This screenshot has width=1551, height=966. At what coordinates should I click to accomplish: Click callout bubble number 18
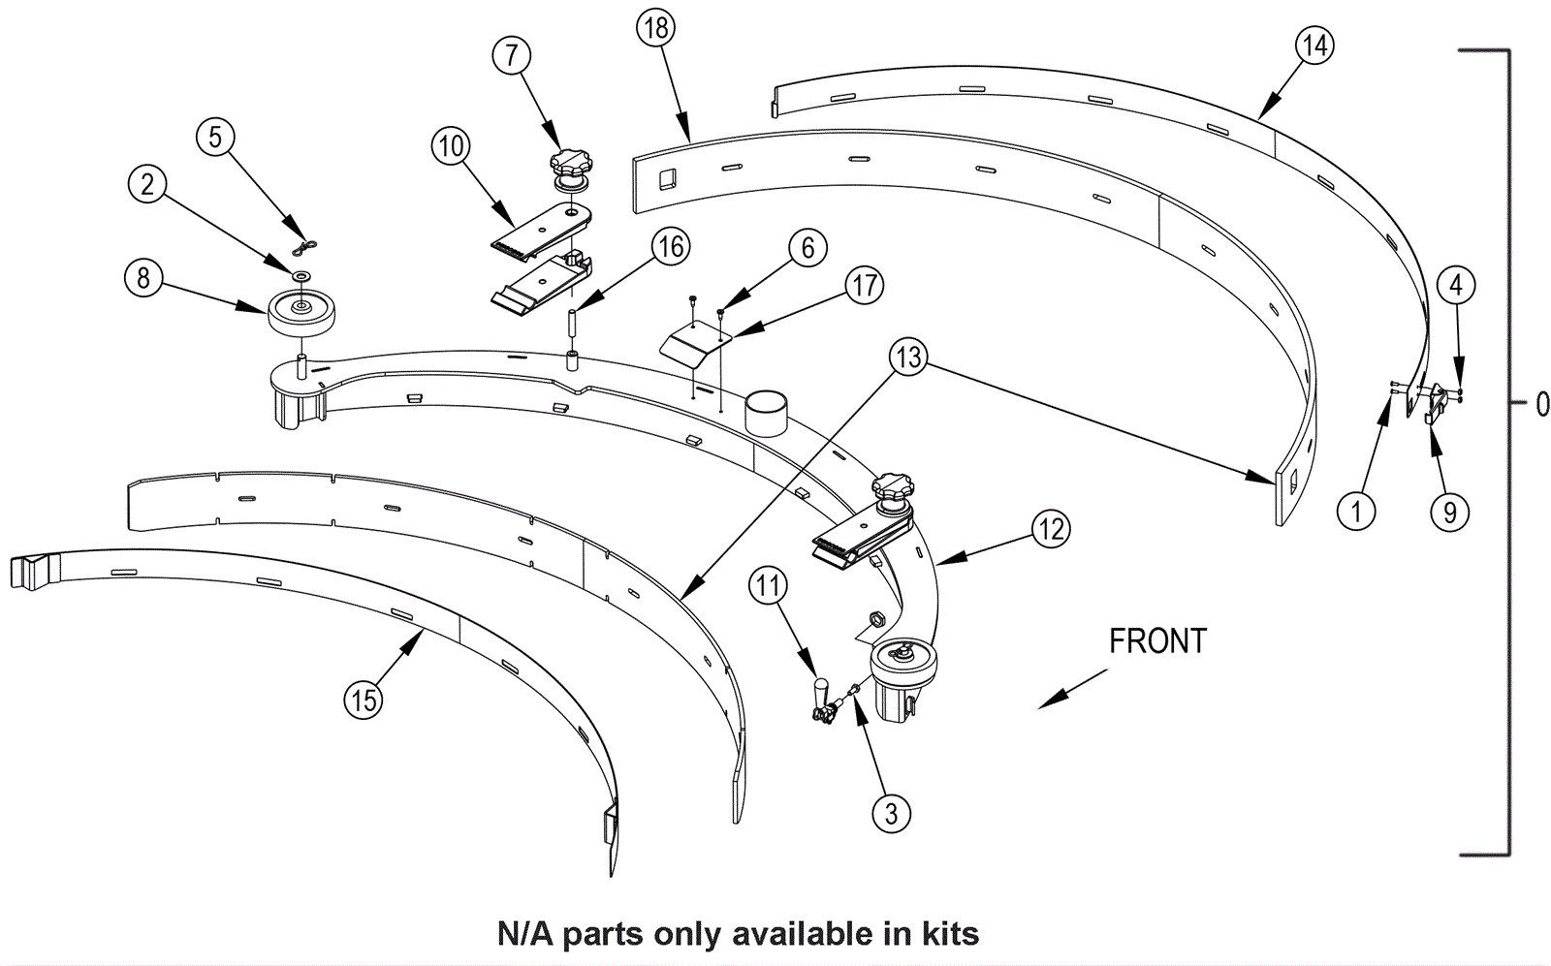tap(655, 28)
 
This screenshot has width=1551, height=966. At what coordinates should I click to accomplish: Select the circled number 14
tap(1314, 46)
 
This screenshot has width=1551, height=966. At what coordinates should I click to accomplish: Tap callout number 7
tap(512, 54)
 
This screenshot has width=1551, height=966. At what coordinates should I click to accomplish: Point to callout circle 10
tap(451, 146)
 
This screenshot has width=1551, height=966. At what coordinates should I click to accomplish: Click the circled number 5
tap(215, 137)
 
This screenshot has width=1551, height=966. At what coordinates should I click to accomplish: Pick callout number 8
tap(143, 278)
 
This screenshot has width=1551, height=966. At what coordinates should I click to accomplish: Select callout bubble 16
tap(671, 247)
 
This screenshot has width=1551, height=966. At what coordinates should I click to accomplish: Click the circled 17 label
tap(864, 285)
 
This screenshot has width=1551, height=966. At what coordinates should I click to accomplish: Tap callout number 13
tap(908, 358)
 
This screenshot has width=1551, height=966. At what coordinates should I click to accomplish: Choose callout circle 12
tap(1051, 529)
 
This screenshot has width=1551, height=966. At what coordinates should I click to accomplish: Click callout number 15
tap(364, 701)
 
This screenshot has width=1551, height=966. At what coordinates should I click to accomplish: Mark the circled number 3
tap(891, 813)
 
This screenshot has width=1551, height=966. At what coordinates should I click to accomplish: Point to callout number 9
tap(1449, 512)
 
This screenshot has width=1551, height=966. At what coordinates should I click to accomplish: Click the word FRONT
tap(1157, 640)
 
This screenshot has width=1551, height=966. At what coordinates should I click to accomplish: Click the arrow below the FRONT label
tap(1072, 689)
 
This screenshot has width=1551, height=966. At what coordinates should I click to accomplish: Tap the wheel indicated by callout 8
tap(301, 312)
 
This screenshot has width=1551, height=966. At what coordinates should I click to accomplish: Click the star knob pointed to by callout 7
tap(571, 164)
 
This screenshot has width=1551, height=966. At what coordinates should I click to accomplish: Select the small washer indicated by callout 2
tap(301, 276)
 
